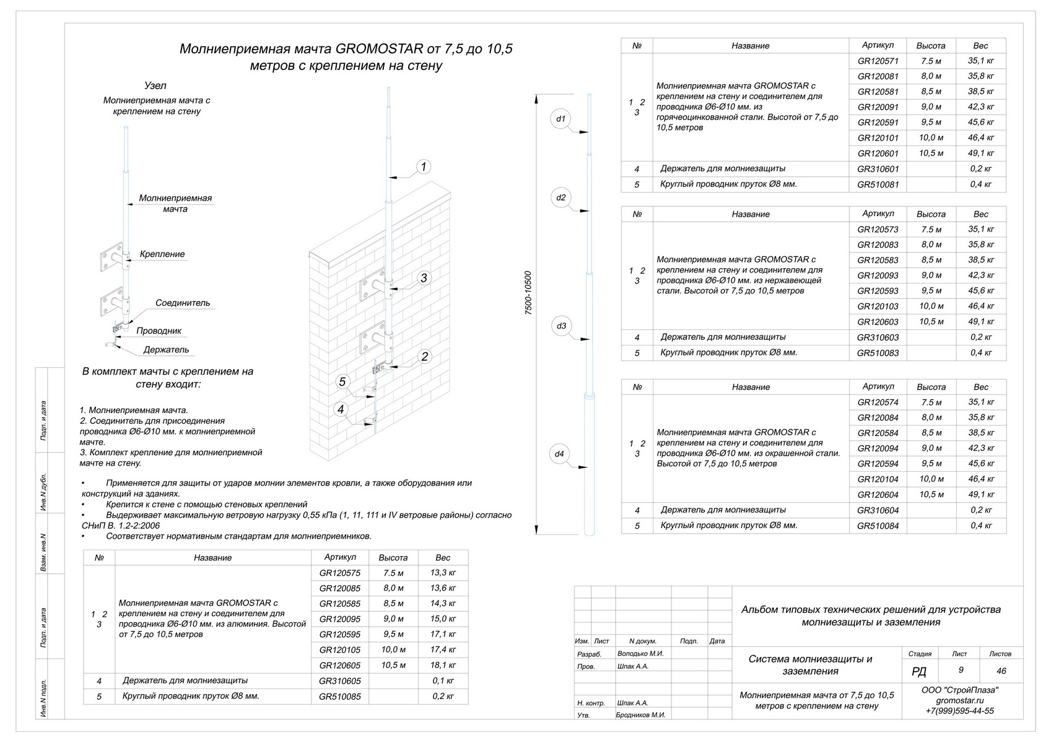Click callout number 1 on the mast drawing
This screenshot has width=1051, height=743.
coord(424,167)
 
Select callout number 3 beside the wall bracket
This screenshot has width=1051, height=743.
coord(424,278)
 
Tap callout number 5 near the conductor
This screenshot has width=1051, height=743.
coord(342,381)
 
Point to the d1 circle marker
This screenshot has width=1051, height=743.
coord(560,118)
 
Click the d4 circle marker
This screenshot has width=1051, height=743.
coord(560,454)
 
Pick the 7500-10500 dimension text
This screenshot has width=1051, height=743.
coord(528,293)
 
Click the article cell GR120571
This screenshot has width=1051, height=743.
coord(878,61)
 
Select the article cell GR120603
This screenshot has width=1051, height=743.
coord(878,322)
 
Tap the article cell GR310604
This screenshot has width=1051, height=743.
coord(878,511)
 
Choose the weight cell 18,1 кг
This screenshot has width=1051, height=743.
coord(443,666)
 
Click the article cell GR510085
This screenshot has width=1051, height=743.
coord(339,697)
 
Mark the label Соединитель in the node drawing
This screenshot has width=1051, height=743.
coord(183,303)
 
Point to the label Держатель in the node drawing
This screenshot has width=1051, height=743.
coord(166,350)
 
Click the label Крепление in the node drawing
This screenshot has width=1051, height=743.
coord(162,254)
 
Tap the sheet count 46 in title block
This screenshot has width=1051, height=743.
coord(1001,671)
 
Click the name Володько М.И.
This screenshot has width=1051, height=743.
coord(640,654)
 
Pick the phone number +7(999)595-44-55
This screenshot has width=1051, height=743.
coord(959,711)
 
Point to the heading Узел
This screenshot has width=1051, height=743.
coord(155,86)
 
